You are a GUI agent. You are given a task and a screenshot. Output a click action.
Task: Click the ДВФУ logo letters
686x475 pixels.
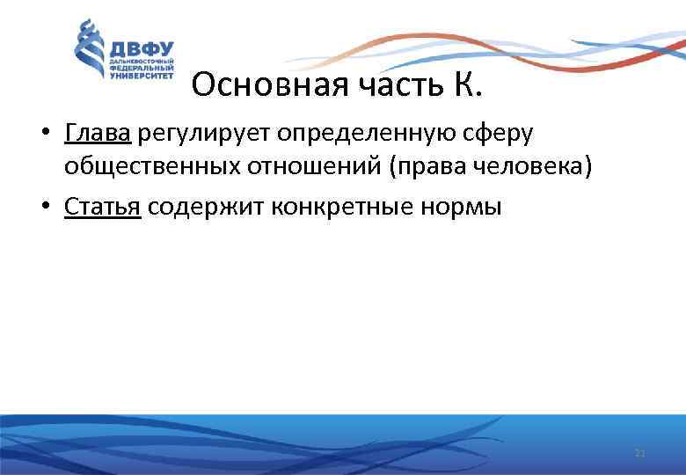[x=141, y=49]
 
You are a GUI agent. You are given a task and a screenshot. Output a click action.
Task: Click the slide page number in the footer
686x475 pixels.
[x=639, y=453]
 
